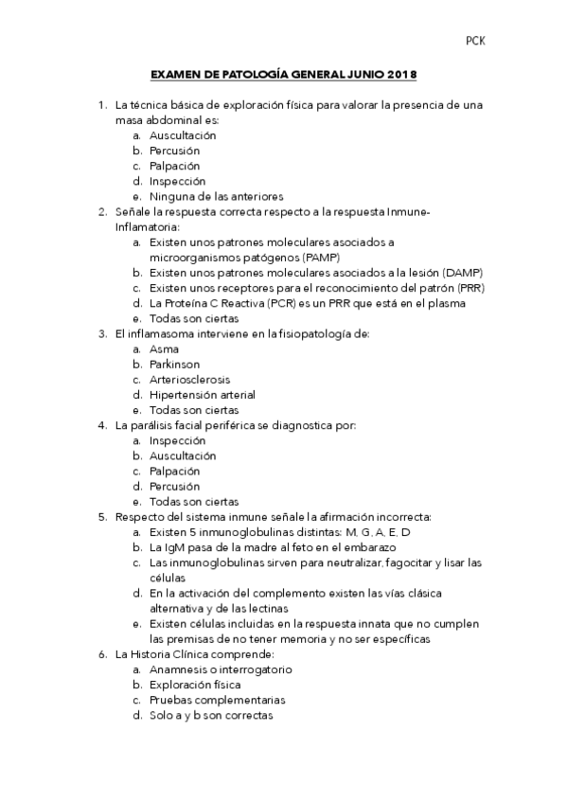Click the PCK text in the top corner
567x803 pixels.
point(475,41)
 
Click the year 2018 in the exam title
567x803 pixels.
point(401,74)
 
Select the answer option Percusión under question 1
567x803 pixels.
point(174,151)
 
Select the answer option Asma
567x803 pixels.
point(164,348)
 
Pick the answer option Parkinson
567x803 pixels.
point(174,364)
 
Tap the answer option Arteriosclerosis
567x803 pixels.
point(189,379)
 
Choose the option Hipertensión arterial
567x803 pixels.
point(203,394)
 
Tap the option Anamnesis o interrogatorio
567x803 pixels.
point(221,669)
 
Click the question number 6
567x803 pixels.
point(102,653)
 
